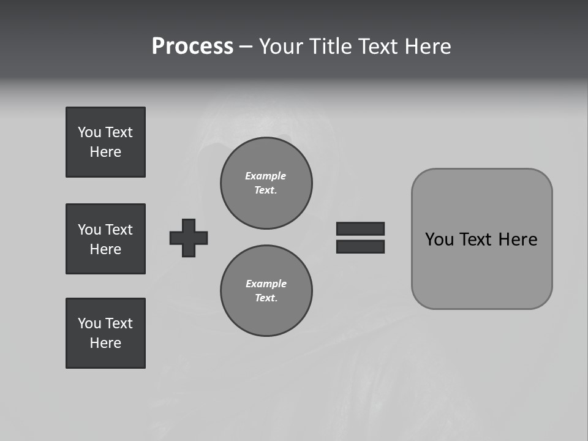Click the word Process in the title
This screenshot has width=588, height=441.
coord(192,47)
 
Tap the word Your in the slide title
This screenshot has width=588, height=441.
coord(282,47)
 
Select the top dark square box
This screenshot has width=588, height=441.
coord(105,142)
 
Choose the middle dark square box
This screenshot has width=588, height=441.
coord(105,239)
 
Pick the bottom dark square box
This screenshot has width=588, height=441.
coord(105,333)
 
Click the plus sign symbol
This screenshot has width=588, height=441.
coord(189,238)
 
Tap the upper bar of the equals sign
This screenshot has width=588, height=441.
coord(360,228)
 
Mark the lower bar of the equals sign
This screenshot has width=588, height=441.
coord(360,246)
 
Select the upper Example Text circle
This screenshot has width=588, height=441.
coord(266,183)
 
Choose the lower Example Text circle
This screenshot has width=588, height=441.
coord(266,291)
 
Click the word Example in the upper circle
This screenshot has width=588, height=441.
coord(265,176)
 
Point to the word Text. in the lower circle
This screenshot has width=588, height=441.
coord(266,298)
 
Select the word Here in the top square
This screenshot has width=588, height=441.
coord(105,152)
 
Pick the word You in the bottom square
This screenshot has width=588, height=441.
coord(89,323)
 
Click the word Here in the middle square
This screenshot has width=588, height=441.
coord(105,249)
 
